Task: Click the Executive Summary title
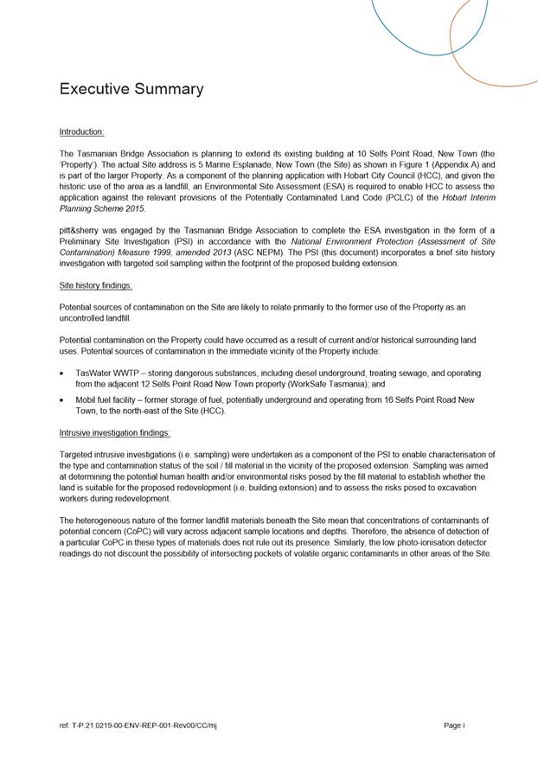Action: [131, 89]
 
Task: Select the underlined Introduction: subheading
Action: [81, 131]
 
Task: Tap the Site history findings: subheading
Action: [95, 284]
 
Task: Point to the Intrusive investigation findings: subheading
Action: [114, 432]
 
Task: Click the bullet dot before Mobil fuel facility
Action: [61, 400]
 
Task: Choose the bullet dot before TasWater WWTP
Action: [61, 373]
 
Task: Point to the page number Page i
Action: [454, 725]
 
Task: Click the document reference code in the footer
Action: [138, 725]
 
